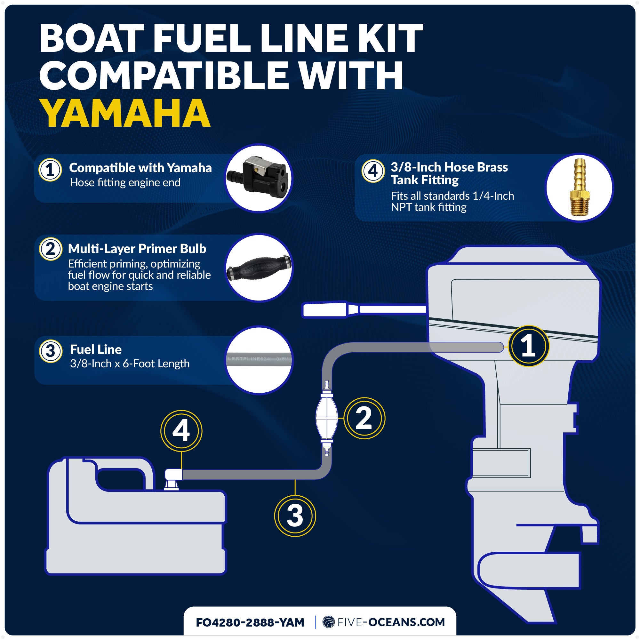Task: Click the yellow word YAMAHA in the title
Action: pos(125,114)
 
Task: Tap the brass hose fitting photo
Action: pos(579,188)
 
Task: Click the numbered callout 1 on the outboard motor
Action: pos(528,346)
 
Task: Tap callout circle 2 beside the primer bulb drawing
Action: pos(364,418)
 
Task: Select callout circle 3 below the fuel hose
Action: pos(295,516)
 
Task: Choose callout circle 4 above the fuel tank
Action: pos(181,431)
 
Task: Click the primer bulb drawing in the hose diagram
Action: pos(327,418)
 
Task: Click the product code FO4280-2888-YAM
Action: pos(250,622)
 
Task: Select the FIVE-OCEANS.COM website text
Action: pos(391,622)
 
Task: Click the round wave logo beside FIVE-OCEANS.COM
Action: pos(329,622)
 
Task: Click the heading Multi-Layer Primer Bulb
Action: pos(137,249)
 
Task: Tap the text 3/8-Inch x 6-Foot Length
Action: pos(130,364)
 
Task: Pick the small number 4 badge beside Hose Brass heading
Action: pos(373,171)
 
